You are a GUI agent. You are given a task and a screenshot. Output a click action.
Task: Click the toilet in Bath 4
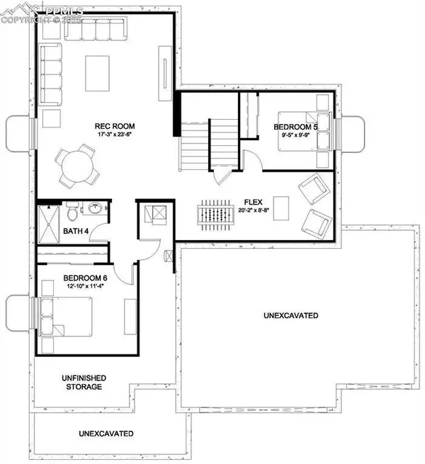pyautogui.click(x=72, y=211)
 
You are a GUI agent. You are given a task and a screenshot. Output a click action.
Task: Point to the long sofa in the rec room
pyautogui.click(x=50, y=74)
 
